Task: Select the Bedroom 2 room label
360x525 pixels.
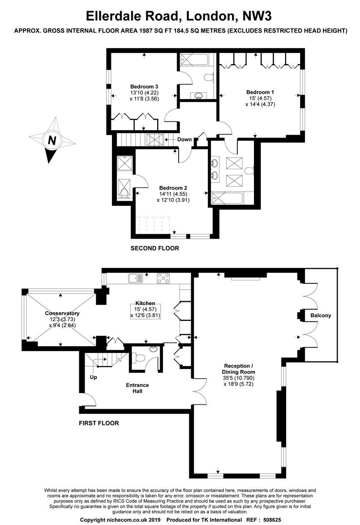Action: pos(173,188)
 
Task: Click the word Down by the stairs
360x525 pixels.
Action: pos(184,140)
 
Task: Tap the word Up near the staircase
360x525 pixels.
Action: pos(93,377)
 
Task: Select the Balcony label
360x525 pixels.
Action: pos(321,315)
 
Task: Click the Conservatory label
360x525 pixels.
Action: pos(62,314)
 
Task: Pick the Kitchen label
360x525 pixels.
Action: pos(145,303)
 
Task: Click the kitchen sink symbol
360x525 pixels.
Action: pos(135,278)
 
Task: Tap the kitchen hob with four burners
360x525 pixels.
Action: pos(163,279)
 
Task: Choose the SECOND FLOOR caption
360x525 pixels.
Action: pos(155,248)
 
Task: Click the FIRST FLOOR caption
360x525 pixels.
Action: pos(99,423)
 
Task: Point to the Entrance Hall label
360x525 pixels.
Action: pos(137,388)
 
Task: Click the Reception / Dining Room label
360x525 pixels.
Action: pos(238,369)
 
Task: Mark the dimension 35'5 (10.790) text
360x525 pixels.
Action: pos(239,378)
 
